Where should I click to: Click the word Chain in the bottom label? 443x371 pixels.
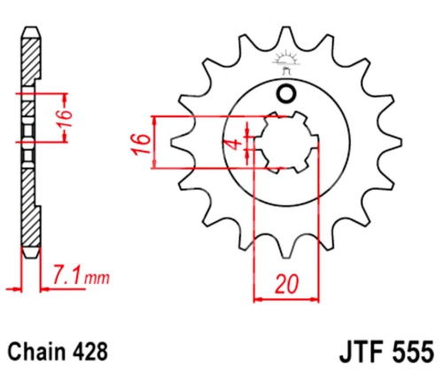coord(37,351)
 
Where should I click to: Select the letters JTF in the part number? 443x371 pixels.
coord(361,352)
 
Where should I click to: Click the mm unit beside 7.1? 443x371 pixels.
coord(97,278)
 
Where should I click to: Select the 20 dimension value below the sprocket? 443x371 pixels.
coord(286,284)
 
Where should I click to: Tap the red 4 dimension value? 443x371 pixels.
coord(235,145)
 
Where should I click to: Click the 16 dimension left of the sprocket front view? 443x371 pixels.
coord(140,145)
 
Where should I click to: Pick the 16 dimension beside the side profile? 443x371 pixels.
coord(65,118)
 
